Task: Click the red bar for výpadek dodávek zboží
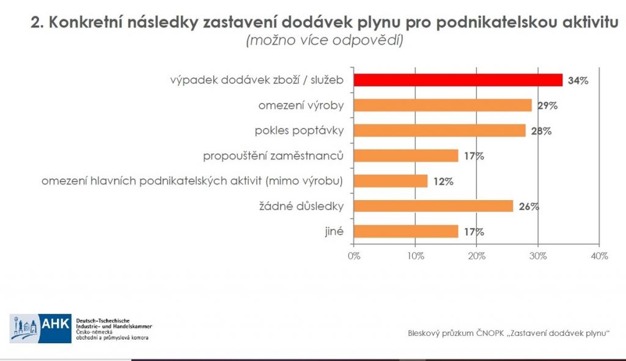(458, 80)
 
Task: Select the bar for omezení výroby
(443, 105)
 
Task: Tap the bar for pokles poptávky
(440, 130)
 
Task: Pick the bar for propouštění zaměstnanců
(406, 155)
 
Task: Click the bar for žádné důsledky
(433, 206)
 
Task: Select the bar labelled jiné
(406, 231)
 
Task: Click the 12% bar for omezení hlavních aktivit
(391, 181)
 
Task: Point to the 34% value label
(577, 81)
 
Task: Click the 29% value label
(547, 106)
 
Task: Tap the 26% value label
(528, 207)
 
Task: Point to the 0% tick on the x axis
(354, 256)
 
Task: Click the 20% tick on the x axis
(476, 256)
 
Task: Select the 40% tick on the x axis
(599, 256)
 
